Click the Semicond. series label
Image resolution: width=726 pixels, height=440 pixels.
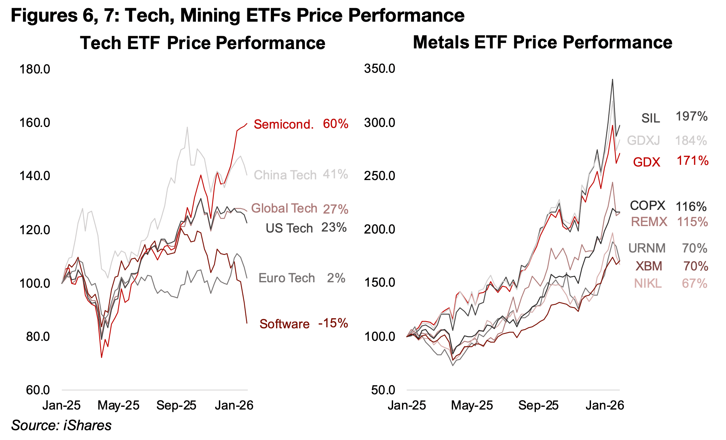pos(283,124)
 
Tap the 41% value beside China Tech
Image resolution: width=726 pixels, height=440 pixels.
pos(335,174)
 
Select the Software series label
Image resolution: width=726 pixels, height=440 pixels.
pos(284,324)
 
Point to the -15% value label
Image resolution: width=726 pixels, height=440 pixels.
pos(333,323)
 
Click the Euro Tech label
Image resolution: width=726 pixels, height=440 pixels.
pos(287,278)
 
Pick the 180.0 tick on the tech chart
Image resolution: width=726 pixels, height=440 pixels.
pos(35,69)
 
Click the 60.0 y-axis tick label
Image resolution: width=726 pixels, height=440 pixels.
pos(38,390)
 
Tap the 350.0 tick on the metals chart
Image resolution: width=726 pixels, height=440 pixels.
pos(379,68)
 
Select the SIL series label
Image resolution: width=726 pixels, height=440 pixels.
pos(650,118)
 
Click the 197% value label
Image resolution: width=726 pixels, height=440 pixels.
pos(691,116)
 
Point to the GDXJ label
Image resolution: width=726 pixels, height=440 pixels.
pos(643,140)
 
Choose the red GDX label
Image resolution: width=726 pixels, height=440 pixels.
pos(646,162)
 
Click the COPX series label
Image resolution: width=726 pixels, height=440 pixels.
pos(647,205)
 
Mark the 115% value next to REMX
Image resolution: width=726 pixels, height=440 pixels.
pos(692,222)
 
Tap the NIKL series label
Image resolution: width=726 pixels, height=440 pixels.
pos(648,283)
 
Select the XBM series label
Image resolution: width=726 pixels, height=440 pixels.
pos(649,266)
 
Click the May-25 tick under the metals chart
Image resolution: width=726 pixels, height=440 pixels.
pos(472,405)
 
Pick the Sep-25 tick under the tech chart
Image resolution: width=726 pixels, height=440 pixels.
pos(176,405)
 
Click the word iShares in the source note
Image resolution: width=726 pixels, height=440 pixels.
pos(87,425)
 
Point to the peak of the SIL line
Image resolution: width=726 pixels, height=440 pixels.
pos(612,80)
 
